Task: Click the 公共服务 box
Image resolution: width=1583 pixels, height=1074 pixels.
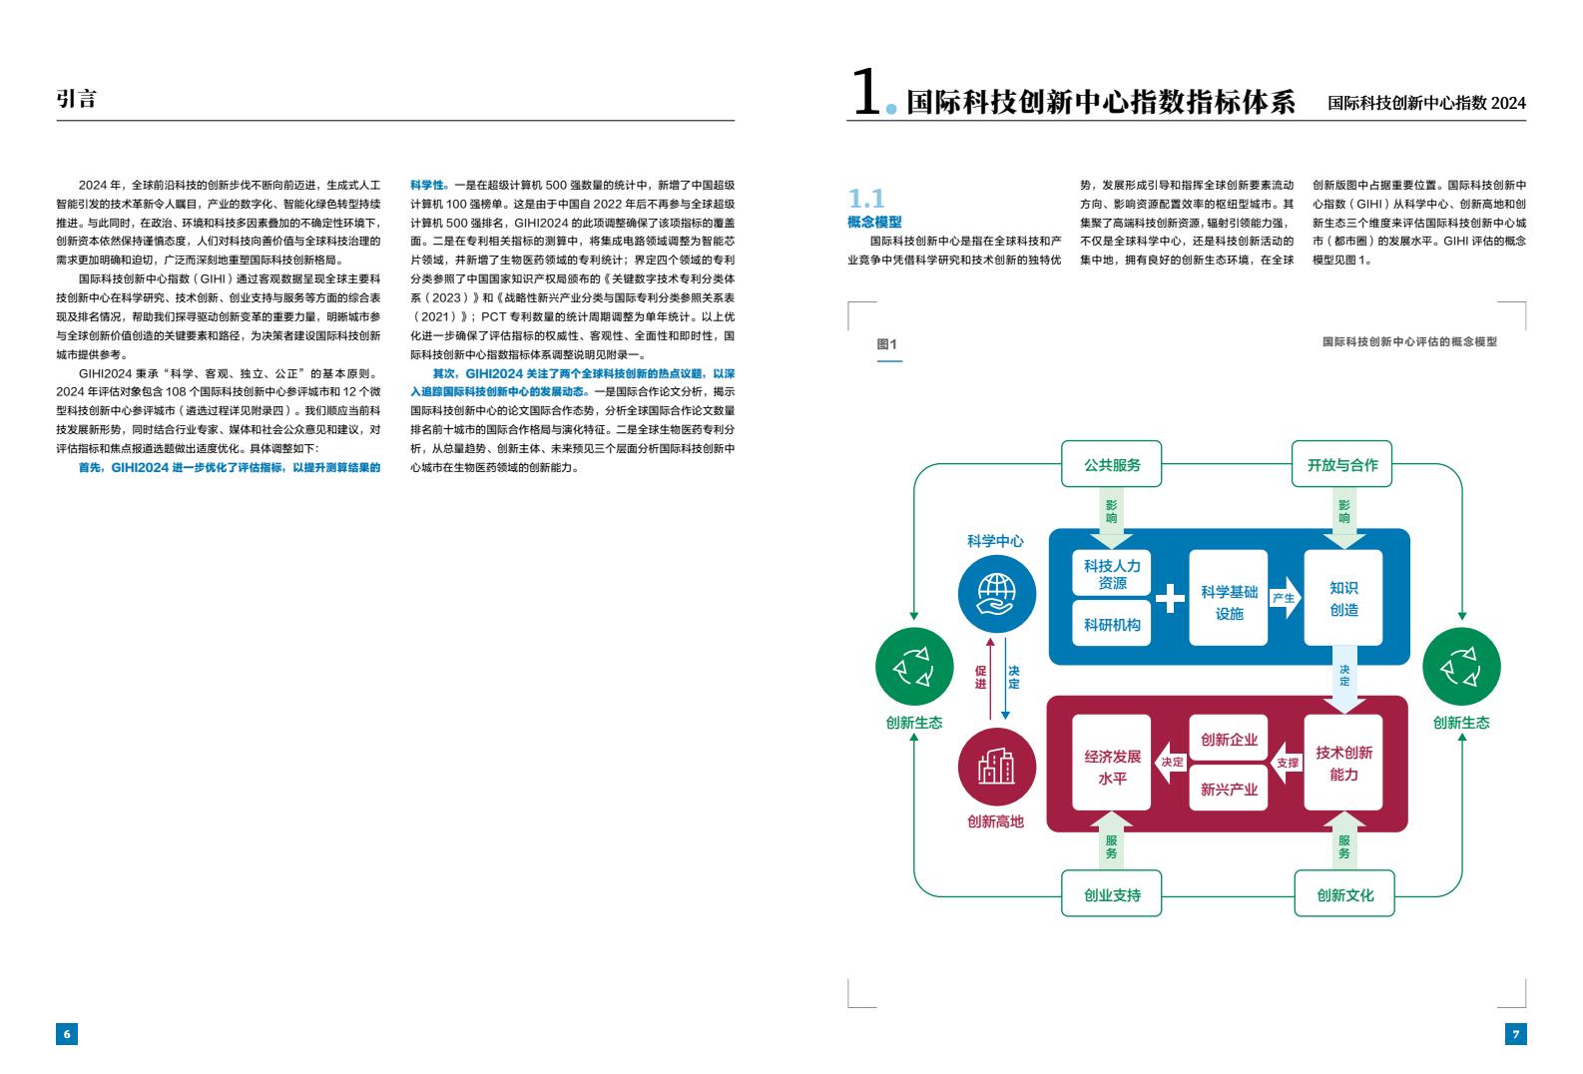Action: coord(1111,464)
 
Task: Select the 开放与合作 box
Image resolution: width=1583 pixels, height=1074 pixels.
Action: coord(1341,464)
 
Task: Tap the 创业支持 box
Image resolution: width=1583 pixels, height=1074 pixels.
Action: coord(1111,893)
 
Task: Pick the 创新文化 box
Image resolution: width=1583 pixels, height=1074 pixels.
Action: coord(1344,893)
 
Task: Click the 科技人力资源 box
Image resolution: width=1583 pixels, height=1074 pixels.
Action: coord(1112,573)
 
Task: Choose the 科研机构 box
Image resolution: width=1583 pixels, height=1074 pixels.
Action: coord(1112,623)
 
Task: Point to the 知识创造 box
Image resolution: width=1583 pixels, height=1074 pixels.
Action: coord(1342,598)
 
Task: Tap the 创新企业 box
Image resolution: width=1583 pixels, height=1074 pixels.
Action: coord(1229,739)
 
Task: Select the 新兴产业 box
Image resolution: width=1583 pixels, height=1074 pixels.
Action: coord(1229,788)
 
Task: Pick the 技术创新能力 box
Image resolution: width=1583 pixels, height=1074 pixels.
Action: coord(1342,763)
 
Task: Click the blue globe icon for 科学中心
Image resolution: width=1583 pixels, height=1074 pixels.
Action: coord(996,594)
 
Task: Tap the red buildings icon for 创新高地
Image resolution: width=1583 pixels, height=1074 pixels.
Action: coord(996,767)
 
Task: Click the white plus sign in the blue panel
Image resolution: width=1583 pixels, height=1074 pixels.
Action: coord(1170,599)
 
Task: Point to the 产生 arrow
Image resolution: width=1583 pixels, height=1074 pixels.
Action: coord(1286,598)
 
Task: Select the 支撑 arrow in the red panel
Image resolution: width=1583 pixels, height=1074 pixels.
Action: coord(1287,763)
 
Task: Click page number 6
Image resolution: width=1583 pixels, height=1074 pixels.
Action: coord(67,1034)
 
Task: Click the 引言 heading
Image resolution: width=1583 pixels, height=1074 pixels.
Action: coord(76,98)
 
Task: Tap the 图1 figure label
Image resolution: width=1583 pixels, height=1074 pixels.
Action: coord(886,344)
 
